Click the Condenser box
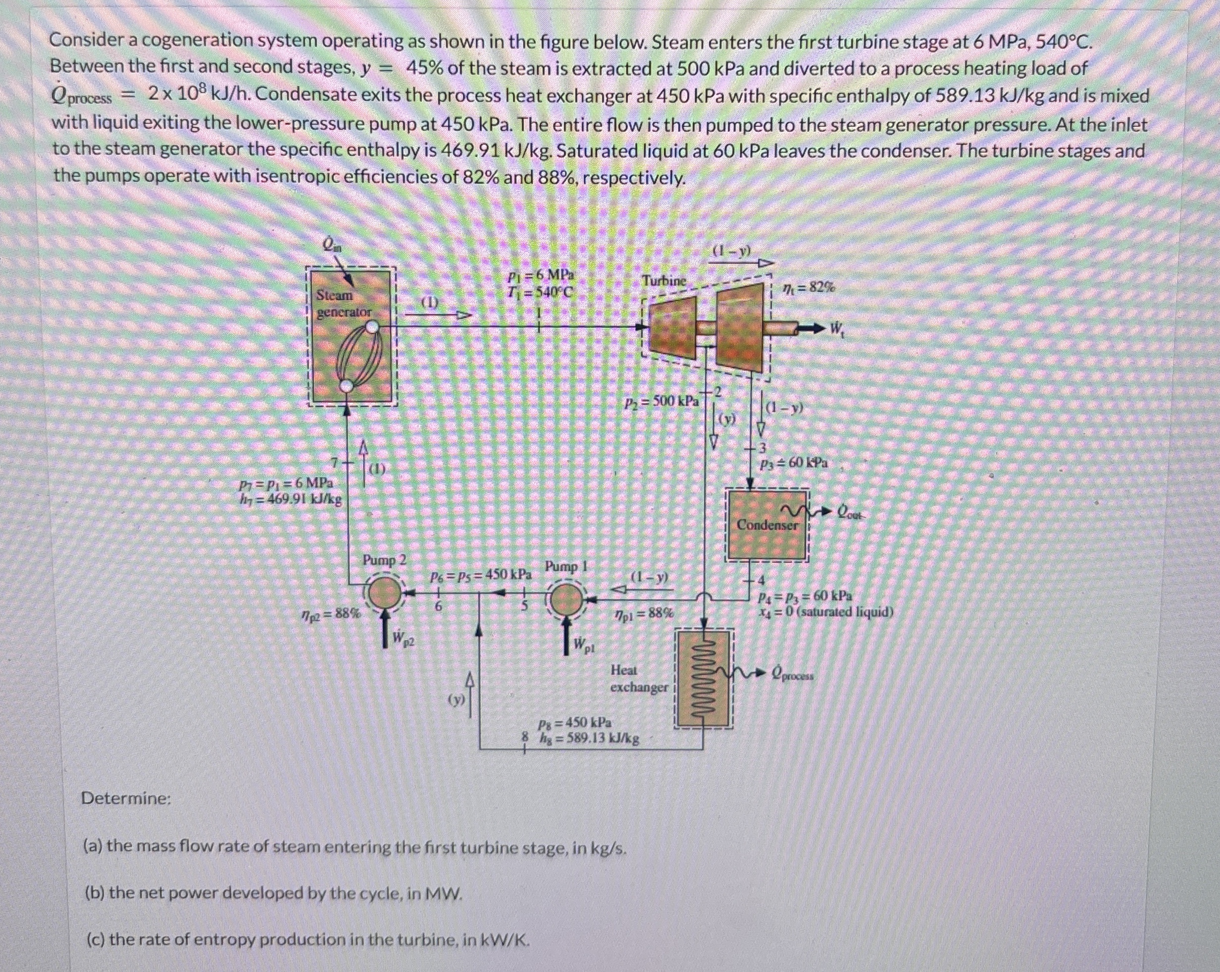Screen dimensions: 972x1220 point(767,525)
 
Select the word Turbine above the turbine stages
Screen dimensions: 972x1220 point(664,281)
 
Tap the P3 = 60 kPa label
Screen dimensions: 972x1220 point(793,463)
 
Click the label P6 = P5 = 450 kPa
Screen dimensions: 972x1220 point(481,576)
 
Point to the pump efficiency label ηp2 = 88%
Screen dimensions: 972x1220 point(330,613)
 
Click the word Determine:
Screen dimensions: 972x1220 point(126,798)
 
